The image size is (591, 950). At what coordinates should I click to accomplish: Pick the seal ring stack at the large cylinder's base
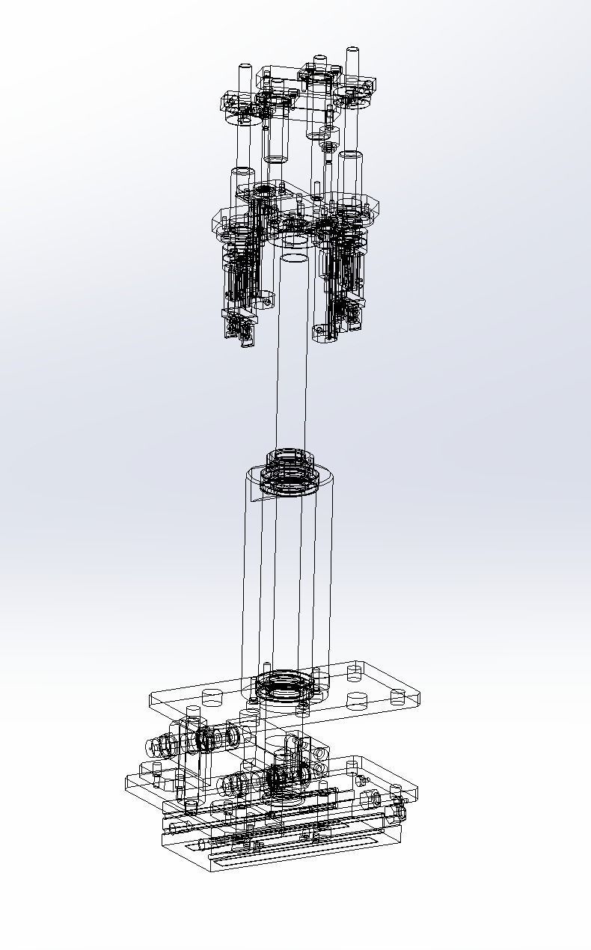coord(282,684)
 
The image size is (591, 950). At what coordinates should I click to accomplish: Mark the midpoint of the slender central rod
coord(291,352)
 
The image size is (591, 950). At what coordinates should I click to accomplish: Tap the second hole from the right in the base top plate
coord(357,701)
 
